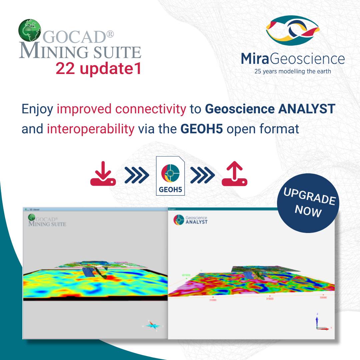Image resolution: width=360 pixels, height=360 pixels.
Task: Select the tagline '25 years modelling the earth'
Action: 293,71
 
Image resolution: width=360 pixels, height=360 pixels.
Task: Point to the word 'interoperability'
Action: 90,129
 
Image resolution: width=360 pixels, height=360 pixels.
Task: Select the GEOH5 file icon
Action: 170,176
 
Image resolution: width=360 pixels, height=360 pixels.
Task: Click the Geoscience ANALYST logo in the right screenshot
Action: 191,220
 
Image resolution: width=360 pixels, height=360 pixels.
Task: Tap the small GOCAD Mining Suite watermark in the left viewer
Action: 47,221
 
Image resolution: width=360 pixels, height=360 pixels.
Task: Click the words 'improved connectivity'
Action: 121,109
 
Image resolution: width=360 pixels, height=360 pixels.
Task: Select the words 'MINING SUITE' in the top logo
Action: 80,52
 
